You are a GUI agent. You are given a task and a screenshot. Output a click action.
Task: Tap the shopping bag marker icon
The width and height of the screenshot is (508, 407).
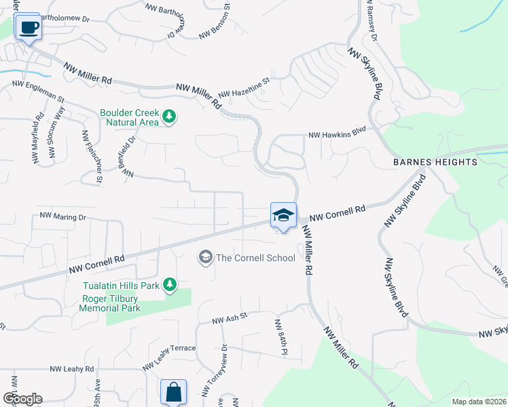(x=173, y=392)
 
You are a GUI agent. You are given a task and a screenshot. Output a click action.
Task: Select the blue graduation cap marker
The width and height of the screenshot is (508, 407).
(x=283, y=216)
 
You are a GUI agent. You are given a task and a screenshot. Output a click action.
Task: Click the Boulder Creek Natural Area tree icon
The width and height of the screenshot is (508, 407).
(x=169, y=118)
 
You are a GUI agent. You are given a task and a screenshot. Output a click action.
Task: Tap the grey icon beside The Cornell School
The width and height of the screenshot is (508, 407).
(x=204, y=257)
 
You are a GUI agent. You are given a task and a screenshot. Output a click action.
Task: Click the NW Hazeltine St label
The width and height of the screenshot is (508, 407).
(x=244, y=88)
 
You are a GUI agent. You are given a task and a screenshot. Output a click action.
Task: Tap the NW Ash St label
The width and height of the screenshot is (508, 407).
(x=228, y=317)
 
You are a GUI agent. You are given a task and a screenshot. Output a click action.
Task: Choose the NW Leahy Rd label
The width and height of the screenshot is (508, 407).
(x=71, y=369)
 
